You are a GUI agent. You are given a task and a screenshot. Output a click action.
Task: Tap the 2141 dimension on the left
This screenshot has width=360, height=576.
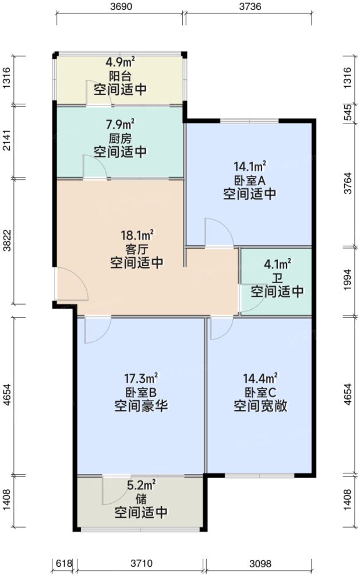[x=7, y=142]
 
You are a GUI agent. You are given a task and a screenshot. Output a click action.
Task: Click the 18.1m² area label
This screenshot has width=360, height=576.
[x=138, y=235]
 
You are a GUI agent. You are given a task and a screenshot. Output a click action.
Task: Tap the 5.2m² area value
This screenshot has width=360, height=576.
[x=142, y=485]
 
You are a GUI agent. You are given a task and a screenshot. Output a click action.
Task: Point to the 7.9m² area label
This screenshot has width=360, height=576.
[x=121, y=124]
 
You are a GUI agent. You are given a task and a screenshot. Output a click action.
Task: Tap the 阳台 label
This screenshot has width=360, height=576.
[x=120, y=76]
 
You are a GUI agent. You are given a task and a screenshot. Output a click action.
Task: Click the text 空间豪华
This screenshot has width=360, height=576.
[x=142, y=406]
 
